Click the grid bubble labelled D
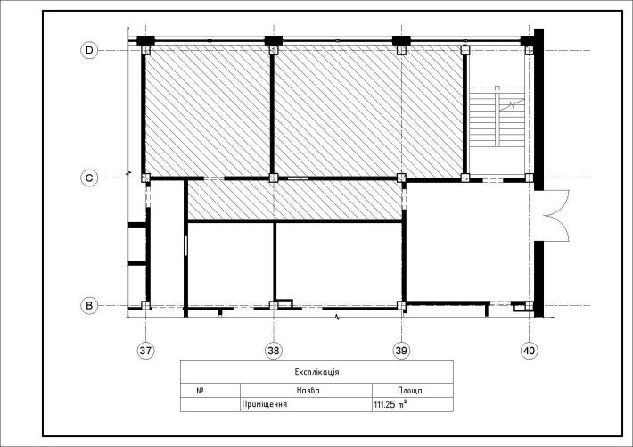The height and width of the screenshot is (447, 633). (89, 51)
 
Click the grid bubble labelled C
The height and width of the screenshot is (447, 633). (89, 178)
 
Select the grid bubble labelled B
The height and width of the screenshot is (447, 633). (89, 306)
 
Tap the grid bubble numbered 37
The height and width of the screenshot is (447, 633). (145, 351)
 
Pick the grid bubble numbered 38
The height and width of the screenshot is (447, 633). (274, 351)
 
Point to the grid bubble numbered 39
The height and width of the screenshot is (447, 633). (401, 351)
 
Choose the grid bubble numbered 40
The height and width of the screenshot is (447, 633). (529, 351)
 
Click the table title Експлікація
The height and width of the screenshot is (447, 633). (316, 372)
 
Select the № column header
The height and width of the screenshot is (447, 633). (200, 391)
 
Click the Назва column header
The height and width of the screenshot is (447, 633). (308, 391)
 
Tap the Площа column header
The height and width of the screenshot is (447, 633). (410, 391)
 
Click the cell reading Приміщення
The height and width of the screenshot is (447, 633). (265, 404)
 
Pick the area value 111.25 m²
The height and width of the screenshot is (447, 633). (390, 404)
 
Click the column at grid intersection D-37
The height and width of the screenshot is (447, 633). (145, 51)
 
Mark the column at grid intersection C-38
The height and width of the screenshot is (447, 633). (274, 178)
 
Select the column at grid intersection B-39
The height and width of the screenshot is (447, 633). (401, 306)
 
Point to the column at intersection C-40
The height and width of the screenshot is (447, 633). (529, 178)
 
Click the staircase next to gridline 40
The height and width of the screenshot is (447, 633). (497, 116)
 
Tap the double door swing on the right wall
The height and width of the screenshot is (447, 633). (556, 216)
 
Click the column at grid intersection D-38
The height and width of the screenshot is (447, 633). (274, 51)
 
